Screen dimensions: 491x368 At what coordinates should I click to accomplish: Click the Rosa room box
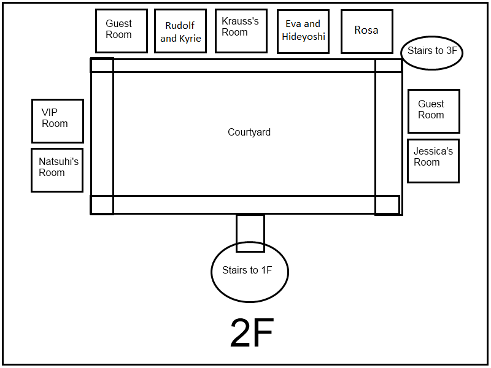click(x=366, y=31)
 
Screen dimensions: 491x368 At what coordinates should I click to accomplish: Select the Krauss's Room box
click(x=241, y=31)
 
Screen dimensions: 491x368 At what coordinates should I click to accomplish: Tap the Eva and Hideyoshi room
click(x=303, y=31)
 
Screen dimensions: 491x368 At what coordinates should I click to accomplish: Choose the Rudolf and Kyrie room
click(x=180, y=31)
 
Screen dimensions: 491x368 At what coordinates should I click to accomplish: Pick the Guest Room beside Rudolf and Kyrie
click(x=122, y=31)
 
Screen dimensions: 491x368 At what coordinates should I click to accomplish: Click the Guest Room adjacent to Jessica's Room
click(x=434, y=111)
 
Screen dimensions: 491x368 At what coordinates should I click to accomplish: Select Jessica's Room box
click(x=433, y=161)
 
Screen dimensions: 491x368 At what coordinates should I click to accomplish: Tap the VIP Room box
click(x=58, y=121)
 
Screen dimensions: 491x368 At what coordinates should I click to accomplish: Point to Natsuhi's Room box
click(x=57, y=170)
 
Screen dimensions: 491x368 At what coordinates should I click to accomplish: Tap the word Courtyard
click(x=249, y=132)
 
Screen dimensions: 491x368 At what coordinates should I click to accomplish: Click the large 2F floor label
click(x=252, y=332)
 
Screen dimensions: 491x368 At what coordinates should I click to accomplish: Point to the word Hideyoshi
click(x=303, y=37)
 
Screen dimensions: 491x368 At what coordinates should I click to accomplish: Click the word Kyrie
click(x=190, y=39)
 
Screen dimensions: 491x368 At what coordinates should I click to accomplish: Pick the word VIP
click(x=50, y=112)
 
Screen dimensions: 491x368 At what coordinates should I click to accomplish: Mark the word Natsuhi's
click(x=58, y=161)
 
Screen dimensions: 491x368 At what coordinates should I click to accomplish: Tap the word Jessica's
click(x=433, y=151)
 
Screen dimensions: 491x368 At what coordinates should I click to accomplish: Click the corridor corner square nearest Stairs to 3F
click(x=389, y=66)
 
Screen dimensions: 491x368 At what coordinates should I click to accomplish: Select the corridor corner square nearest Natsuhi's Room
click(x=102, y=205)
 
